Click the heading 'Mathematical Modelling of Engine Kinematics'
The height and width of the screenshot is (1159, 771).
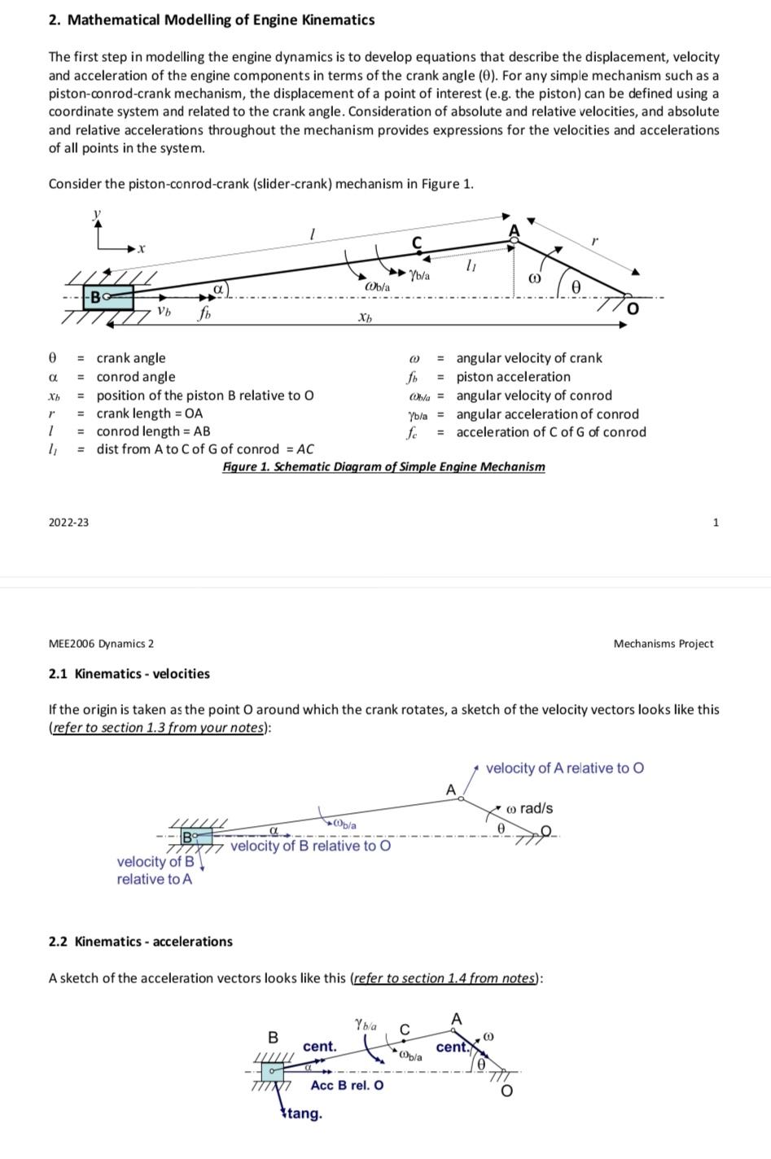pos(221,20)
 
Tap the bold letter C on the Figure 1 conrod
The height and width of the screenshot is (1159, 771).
pos(417,242)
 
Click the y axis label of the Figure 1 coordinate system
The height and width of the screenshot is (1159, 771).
pos(97,213)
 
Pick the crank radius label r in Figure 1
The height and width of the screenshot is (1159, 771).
pos(594,240)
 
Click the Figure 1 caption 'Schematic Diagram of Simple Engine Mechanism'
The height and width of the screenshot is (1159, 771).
pos(383,466)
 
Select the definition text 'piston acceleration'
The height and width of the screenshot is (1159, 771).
pos(513,377)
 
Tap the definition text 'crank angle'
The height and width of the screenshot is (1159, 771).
pos(130,358)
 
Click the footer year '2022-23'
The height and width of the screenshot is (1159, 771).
pos(68,522)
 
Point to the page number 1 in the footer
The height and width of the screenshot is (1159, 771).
pos(716,522)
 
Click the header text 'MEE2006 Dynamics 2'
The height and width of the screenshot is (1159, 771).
pos(101,644)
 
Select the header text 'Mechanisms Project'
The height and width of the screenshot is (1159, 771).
pos(663,644)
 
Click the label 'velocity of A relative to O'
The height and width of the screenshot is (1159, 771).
pos(564,768)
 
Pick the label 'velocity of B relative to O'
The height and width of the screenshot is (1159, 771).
pos(310,846)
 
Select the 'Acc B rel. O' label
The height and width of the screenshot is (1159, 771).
pos(347,1085)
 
